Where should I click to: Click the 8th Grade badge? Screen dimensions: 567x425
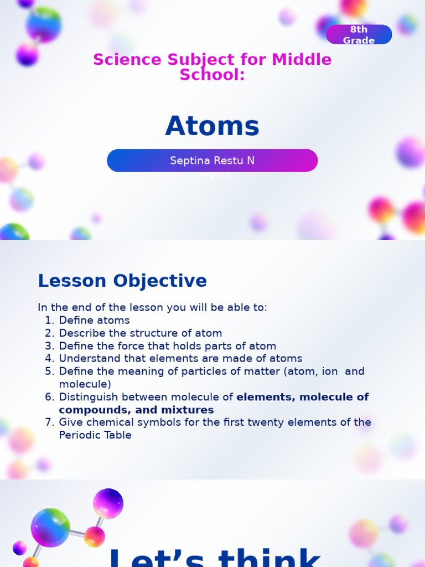coord(359,35)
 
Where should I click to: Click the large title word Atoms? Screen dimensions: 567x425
coord(212,126)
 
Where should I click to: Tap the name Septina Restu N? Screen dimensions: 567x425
coord(212,161)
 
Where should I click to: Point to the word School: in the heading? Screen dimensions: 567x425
coord(212,75)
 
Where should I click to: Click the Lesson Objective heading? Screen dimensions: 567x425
coord(122,281)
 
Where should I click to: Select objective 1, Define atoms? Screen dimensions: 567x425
coord(94,320)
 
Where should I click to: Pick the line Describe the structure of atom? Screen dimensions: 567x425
coord(141,333)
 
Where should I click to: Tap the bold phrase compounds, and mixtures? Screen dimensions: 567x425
coord(136,410)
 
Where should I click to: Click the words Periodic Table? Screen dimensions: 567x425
coord(95,435)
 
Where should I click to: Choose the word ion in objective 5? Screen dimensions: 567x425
coord(330,372)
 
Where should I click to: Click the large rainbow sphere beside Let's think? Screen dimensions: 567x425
coord(50,527)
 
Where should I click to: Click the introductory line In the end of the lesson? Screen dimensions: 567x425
coord(152,307)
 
